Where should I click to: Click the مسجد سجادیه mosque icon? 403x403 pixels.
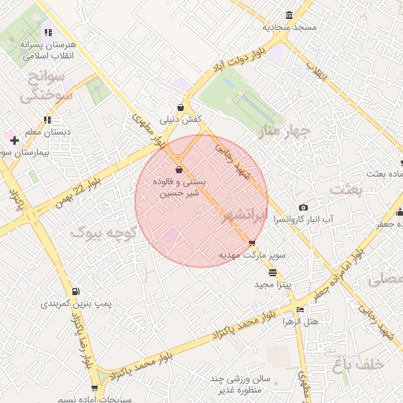(x=290, y=15)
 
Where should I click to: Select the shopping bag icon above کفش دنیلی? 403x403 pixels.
(x=182, y=107)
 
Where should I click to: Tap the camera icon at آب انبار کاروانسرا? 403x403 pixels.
(x=304, y=207)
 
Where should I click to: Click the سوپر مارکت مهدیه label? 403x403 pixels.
(x=251, y=256)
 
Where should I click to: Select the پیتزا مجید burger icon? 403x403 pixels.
(x=272, y=272)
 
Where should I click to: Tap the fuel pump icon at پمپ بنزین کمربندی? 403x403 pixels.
(x=76, y=291)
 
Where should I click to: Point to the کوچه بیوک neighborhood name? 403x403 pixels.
(x=104, y=233)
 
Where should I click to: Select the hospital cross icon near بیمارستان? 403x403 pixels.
(x=14, y=140)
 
